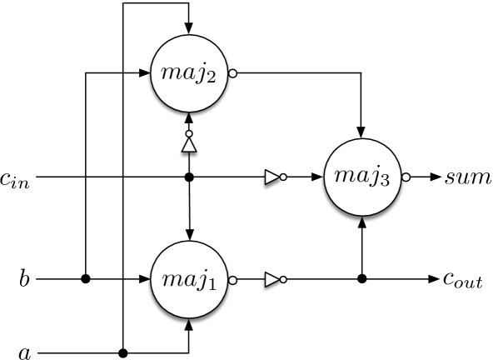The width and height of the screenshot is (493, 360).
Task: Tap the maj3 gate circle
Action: click(x=361, y=177)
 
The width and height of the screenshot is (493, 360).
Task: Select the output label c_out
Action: click(x=463, y=281)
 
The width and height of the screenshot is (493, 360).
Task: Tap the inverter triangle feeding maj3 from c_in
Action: click(x=271, y=177)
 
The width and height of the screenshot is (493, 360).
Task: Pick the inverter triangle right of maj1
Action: click(x=271, y=280)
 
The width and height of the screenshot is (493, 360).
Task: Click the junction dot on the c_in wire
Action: click(x=189, y=177)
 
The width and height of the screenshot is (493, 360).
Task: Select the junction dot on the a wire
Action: click(x=123, y=353)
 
